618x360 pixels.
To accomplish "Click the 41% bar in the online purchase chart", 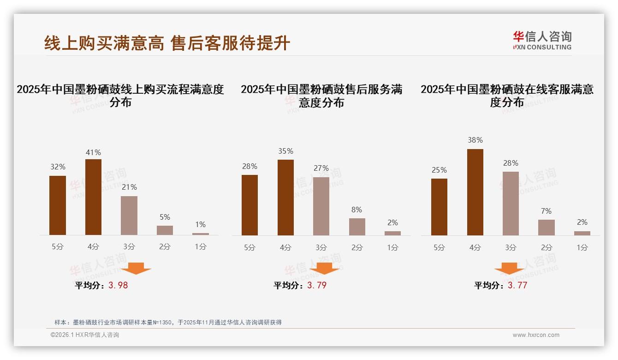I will pyautogui.click(x=93, y=197).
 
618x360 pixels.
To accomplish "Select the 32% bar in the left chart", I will pyautogui.click(x=58, y=205).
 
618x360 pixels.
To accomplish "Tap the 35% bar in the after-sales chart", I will pyautogui.click(x=285, y=198).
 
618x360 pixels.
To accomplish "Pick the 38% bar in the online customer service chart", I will pyautogui.click(x=475, y=192).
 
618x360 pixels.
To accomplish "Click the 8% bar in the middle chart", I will pyautogui.click(x=357, y=227).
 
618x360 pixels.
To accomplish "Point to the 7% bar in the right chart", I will pyautogui.click(x=547, y=228).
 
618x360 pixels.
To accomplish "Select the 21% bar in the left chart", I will pyautogui.click(x=129, y=216).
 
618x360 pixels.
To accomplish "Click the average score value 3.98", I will pyautogui.click(x=118, y=285).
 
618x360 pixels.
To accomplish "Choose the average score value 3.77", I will pyautogui.click(x=517, y=285).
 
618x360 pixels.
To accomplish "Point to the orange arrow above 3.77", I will pyautogui.click(x=509, y=269).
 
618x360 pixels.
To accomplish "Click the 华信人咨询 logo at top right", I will pyautogui.click(x=542, y=40).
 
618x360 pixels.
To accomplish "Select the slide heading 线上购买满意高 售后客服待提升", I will pyautogui.click(x=167, y=43).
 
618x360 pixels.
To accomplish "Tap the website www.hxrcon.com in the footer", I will pyautogui.click(x=536, y=335).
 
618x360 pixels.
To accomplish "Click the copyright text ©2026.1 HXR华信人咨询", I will pyautogui.click(x=85, y=335).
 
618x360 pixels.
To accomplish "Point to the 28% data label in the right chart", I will pyautogui.click(x=511, y=163).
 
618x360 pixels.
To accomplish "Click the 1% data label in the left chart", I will pyautogui.click(x=200, y=224).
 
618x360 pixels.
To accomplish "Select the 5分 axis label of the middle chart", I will pyautogui.click(x=250, y=247).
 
